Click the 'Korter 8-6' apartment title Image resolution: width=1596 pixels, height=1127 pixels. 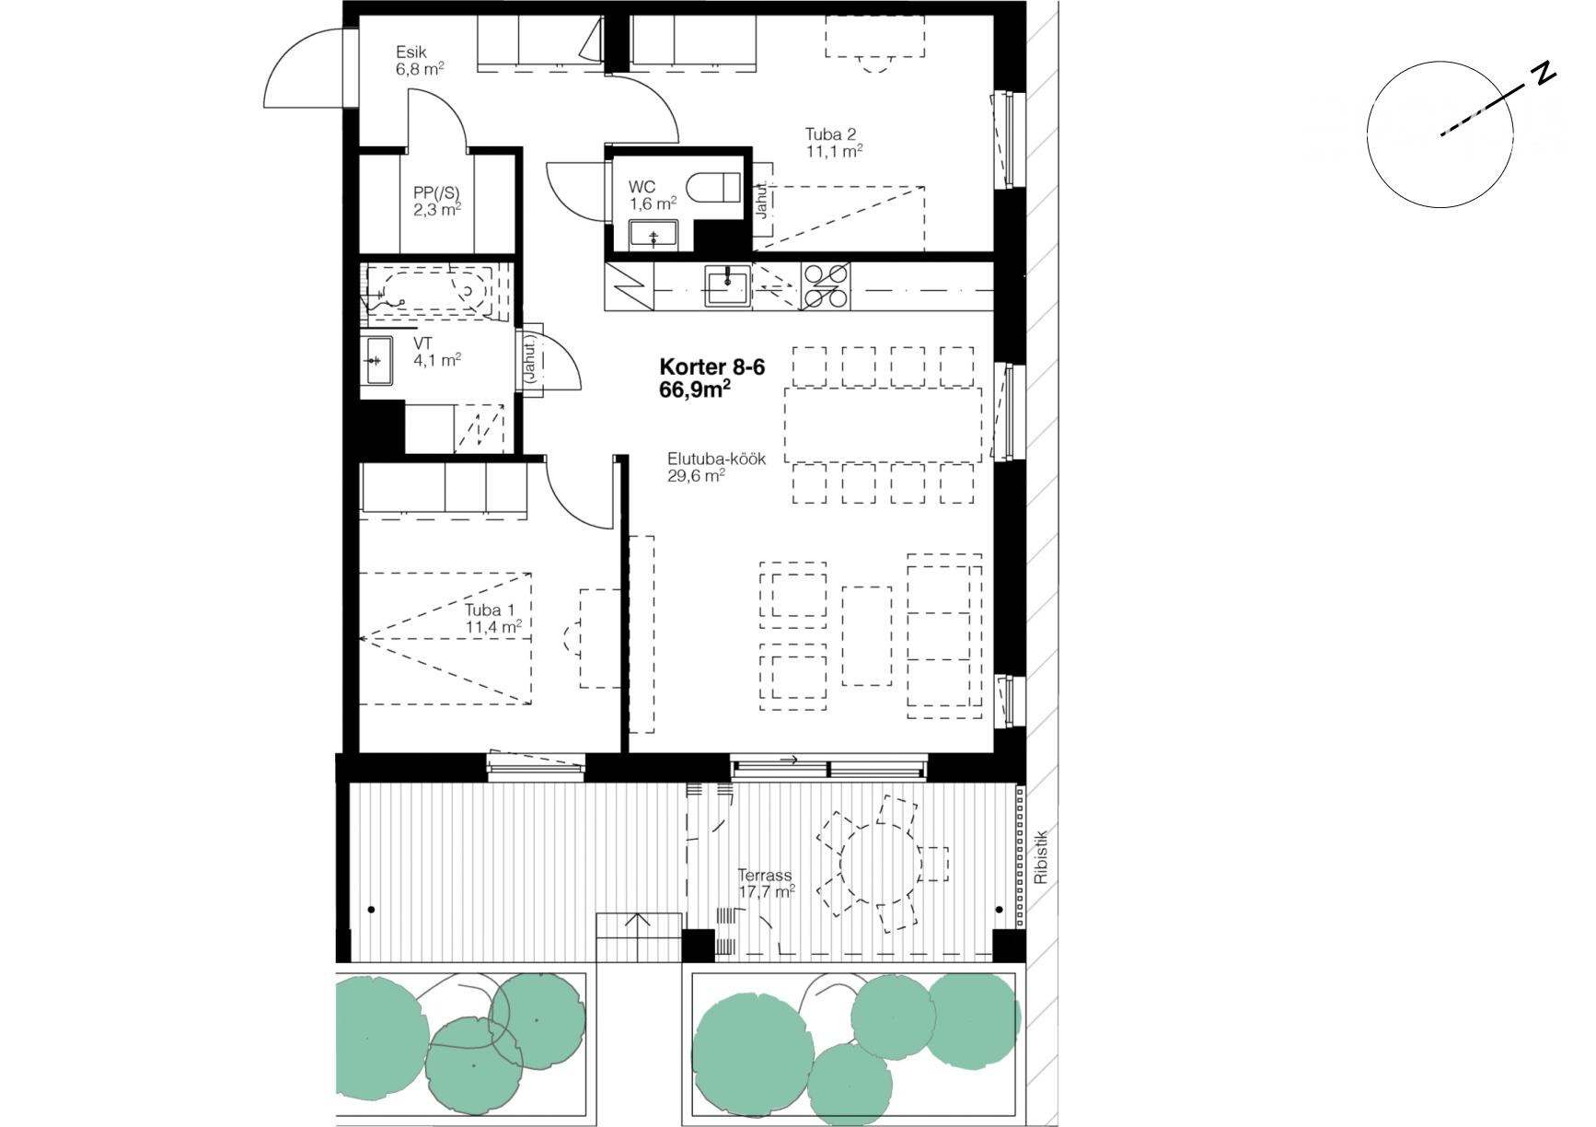pos(712,366)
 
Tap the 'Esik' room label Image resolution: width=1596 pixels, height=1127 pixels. pos(411,52)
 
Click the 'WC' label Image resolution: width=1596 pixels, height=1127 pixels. pos(642,187)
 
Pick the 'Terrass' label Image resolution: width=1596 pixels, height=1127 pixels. pos(764,876)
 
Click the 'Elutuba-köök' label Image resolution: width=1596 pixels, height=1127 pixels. pos(717,459)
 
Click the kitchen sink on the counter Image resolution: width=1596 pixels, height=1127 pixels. pos(728,285)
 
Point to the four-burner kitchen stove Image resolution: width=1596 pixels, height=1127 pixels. pos(826,285)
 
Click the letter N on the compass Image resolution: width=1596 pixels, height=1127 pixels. pos(1544,75)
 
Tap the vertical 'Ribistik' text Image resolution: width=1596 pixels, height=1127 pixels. pos(1041,857)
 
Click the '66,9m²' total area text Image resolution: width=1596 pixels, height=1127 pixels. pos(695,389)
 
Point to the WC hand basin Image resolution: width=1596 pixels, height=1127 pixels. pos(653,236)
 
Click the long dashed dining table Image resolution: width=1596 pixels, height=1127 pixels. pos(884,424)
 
